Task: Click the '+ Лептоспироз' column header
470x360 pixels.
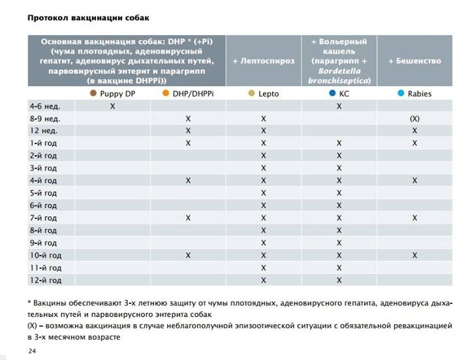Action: (x=264, y=61)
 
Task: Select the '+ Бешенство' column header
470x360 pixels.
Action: (x=415, y=61)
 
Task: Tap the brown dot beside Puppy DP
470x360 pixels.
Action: (x=94, y=94)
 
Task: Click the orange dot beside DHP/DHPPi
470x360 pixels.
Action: (x=166, y=94)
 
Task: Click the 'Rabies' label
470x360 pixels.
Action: (x=419, y=94)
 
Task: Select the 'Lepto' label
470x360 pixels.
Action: (x=268, y=94)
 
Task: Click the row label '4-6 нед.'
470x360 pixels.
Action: (x=45, y=106)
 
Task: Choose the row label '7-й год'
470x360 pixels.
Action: (x=44, y=218)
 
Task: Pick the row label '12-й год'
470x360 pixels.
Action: (x=46, y=280)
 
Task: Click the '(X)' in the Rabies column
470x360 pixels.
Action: (x=415, y=119)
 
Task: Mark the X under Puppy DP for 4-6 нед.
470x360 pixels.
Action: (x=113, y=106)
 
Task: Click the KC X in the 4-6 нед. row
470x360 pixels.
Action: (x=339, y=106)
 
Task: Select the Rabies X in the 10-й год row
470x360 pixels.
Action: (x=415, y=256)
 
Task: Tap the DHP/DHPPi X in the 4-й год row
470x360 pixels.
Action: (x=188, y=181)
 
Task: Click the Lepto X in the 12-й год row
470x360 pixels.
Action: (x=264, y=280)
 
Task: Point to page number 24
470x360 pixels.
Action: (x=33, y=352)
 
